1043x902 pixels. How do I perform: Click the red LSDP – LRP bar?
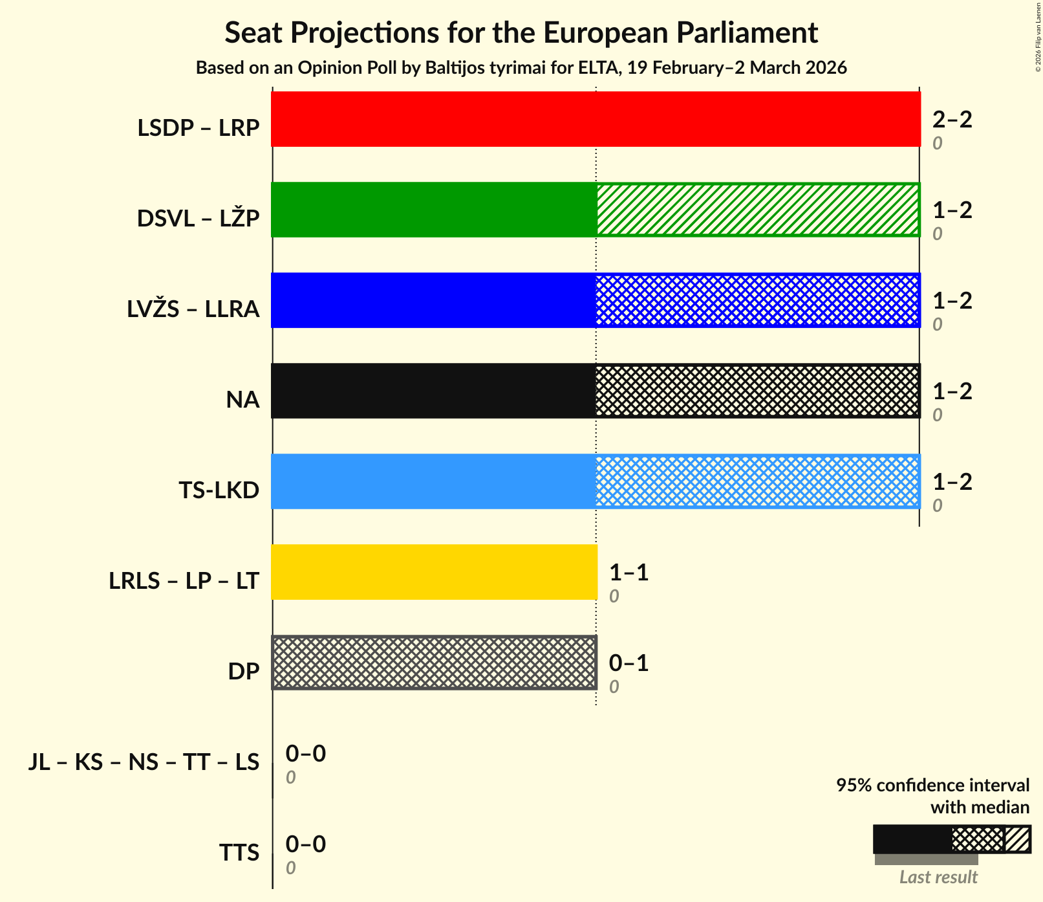(x=595, y=119)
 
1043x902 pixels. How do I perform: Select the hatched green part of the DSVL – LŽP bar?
(x=757, y=210)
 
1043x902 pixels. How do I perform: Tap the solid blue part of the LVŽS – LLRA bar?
(x=433, y=300)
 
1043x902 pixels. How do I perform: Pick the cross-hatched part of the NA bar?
(x=757, y=391)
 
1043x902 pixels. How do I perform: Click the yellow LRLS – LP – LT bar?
(x=433, y=572)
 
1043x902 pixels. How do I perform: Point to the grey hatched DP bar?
(x=433, y=663)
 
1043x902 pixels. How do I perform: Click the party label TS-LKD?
(x=219, y=490)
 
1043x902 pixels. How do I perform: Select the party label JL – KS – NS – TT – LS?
(x=144, y=762)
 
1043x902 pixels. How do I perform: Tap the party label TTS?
(x=239, y=853)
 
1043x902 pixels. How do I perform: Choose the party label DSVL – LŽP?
(x=198, y=219)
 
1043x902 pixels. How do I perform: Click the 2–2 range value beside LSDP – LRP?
(x=952, y=119)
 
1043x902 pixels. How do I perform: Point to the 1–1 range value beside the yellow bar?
(x=629, y=572)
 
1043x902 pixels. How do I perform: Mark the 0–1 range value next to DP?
(x=629, y=663)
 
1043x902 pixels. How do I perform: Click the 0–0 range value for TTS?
(x=305, y=844)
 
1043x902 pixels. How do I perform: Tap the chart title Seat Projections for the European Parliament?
(x=521, y=32)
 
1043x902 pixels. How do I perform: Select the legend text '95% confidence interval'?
(x=932, y=786)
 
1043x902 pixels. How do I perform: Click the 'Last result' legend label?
(x=938, y=877)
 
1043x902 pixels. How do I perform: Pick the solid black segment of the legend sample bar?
(x=912, y=839)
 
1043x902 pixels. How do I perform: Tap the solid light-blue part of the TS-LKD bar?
(x=433, y=481)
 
